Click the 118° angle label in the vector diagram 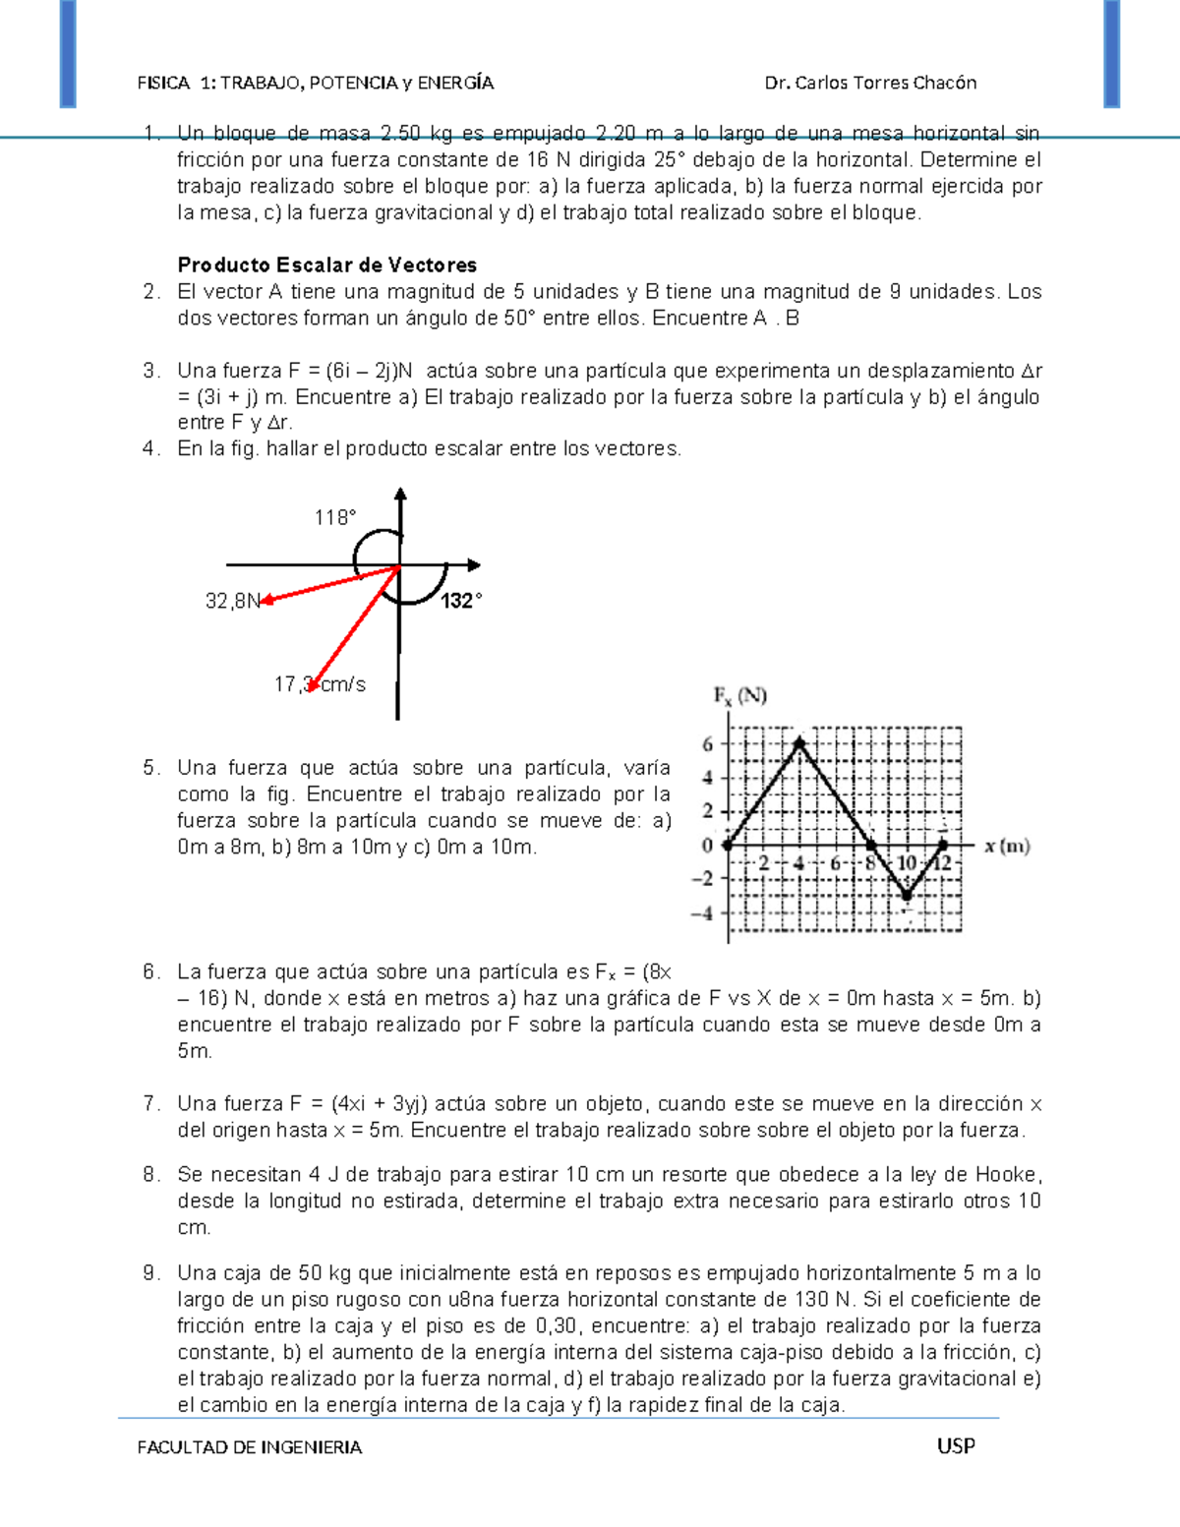point(334,518)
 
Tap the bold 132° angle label point(461,601)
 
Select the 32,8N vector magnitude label point(233,601)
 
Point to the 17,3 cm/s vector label point(320,684)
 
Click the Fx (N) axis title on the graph point(739,696)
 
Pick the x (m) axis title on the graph point(1007,846)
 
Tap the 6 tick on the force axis point(707,744)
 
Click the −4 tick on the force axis point(702,913)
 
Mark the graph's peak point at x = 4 point(799,742)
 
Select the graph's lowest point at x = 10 point(907,896)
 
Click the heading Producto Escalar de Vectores point(326,264)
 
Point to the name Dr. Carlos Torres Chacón point(870,83)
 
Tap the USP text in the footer point(956,1445)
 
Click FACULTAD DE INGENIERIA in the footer point(250,1447)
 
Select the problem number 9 point(150,1273)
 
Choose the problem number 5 point(150,768)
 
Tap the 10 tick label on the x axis point(907,863)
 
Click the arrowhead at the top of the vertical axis point(399,495)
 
